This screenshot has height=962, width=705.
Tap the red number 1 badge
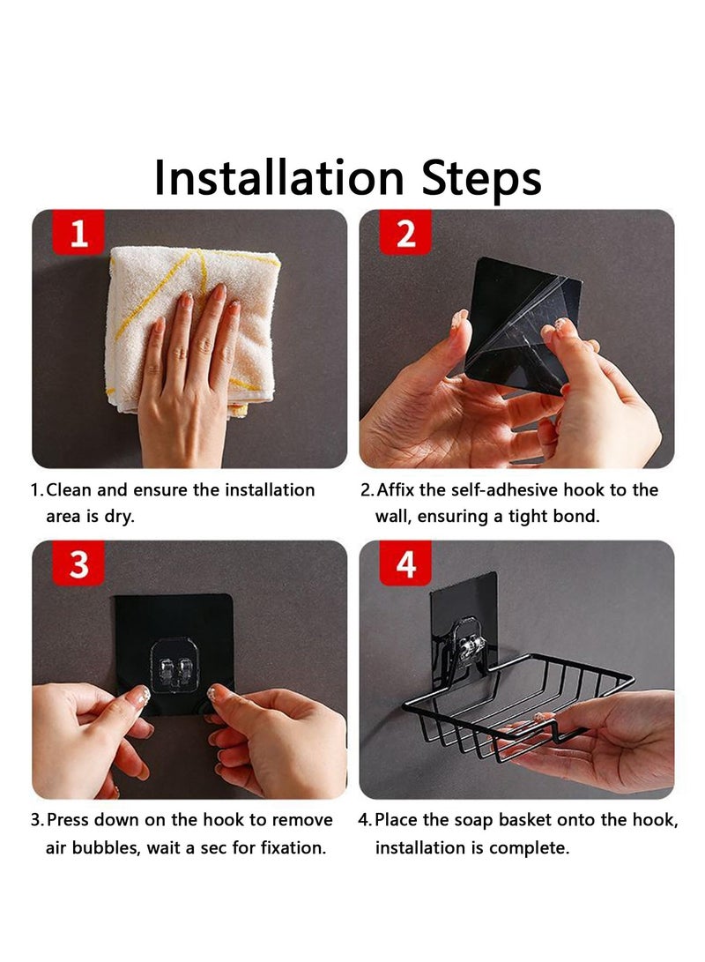tap(79, 234)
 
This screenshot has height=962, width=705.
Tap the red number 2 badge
tap(406, 234)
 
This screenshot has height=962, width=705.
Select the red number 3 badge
tap(79, 564)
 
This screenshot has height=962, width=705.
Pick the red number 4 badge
tap(406, 564)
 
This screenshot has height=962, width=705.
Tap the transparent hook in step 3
tap(177, 662)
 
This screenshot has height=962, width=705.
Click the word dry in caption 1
tap(118, 517)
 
